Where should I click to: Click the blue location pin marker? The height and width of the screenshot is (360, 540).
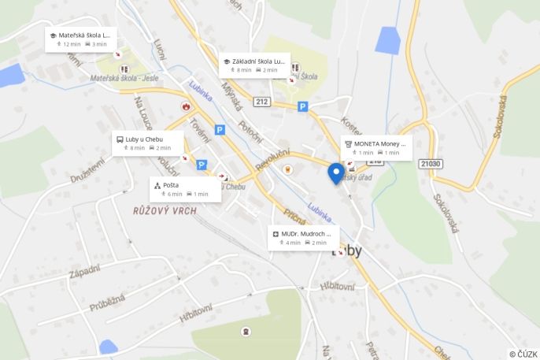(x=335, y=173)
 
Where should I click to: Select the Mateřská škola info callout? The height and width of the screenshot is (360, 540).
(x=81, y=39)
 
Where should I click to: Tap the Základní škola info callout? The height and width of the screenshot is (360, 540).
(x=254, y=65)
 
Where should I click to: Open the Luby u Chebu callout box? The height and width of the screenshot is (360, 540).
(x=148, y=143)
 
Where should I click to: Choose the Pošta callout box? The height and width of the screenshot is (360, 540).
(x=184, y=189)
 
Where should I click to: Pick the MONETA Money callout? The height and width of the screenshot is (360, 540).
(x=375, y=147)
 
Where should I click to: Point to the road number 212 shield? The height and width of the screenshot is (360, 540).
(x=262, y=101)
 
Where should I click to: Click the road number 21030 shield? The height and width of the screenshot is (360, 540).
(x=431, y=164)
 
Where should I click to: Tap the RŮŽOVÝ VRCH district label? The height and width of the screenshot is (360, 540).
(x=165, y=211)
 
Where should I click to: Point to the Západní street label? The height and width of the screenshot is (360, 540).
(x=84, y=270)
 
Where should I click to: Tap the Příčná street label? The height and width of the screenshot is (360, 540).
(x=296, y=217)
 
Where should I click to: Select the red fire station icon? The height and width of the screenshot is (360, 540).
(x=186, y=106)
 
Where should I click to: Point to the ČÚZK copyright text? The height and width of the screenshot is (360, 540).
(x=523, y=354)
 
